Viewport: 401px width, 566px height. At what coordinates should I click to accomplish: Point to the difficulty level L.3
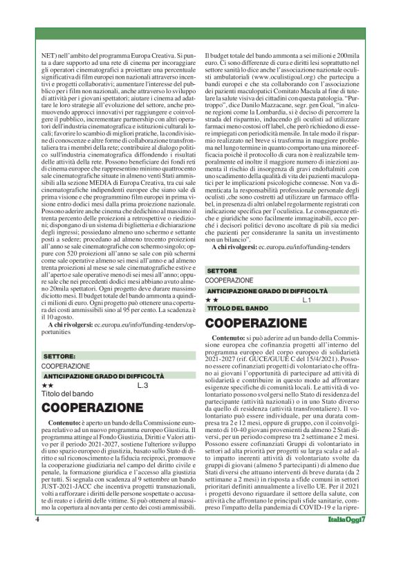142,384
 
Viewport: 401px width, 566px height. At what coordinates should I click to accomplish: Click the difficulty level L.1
307,301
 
